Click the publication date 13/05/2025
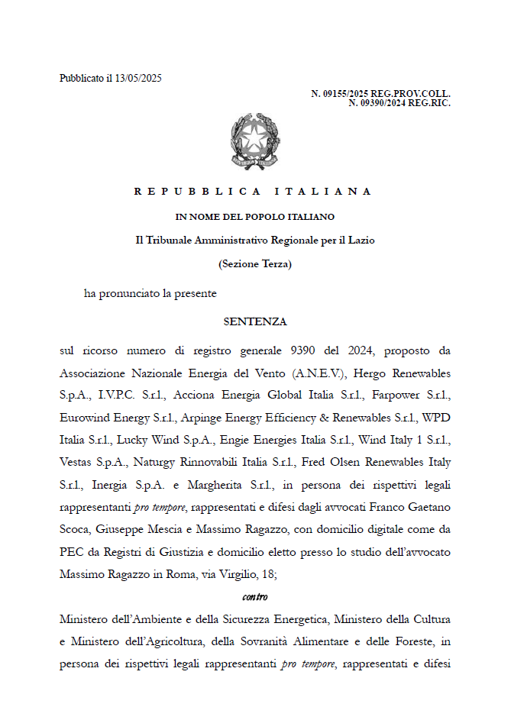(139, 78)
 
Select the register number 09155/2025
(339, 94)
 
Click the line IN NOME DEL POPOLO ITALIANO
(254, 217)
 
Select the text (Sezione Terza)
(255, 264)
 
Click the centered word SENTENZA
(255, 321)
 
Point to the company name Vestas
(79, 462)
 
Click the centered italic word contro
(255, 596)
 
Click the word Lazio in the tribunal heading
(358, 240)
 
